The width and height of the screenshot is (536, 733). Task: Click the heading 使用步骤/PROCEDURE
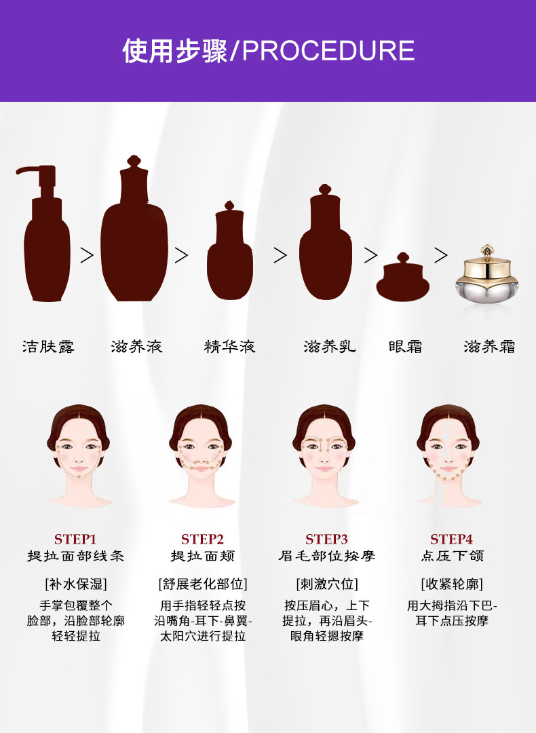pos(268,51)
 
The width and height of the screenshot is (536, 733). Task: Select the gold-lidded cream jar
pos(488,276)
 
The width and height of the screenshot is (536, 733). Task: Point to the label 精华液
pos(230,347)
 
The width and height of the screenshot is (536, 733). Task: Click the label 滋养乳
pos(329,347)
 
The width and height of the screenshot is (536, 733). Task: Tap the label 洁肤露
pos(48,347)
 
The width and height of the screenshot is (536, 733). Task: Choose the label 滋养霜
pos(489,347)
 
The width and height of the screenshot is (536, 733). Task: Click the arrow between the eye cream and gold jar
pos(441,255)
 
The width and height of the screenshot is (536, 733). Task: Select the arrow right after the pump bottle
pos(87,255)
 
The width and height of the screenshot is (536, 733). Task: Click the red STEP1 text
pos(75,540)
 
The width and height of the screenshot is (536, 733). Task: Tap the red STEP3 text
pos(326,540)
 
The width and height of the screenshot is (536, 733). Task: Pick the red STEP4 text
pos(451,540)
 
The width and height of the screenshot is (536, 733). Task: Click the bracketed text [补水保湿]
pos(76,584)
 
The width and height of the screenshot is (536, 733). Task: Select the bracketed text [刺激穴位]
pos(326,584)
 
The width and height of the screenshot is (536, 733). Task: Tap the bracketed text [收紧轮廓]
pos(451,584)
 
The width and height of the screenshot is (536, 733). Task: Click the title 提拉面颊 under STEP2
pos(202,557)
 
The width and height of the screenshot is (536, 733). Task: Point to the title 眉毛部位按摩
pos(326,557)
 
